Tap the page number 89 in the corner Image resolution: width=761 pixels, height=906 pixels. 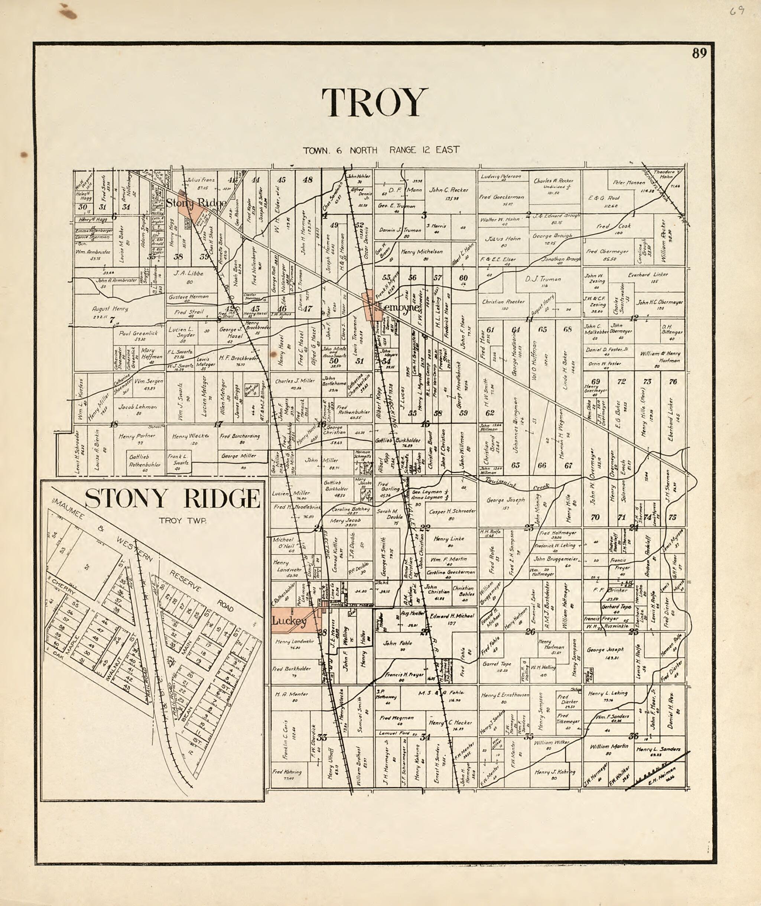pos(699,53)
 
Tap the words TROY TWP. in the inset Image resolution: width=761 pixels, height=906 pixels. pos(182,520)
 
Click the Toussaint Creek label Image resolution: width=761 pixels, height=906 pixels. pos(518,484)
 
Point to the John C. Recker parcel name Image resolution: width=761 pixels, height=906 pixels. pos(448,190)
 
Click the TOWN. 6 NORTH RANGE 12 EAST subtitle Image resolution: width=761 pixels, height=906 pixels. pos(381,150)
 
